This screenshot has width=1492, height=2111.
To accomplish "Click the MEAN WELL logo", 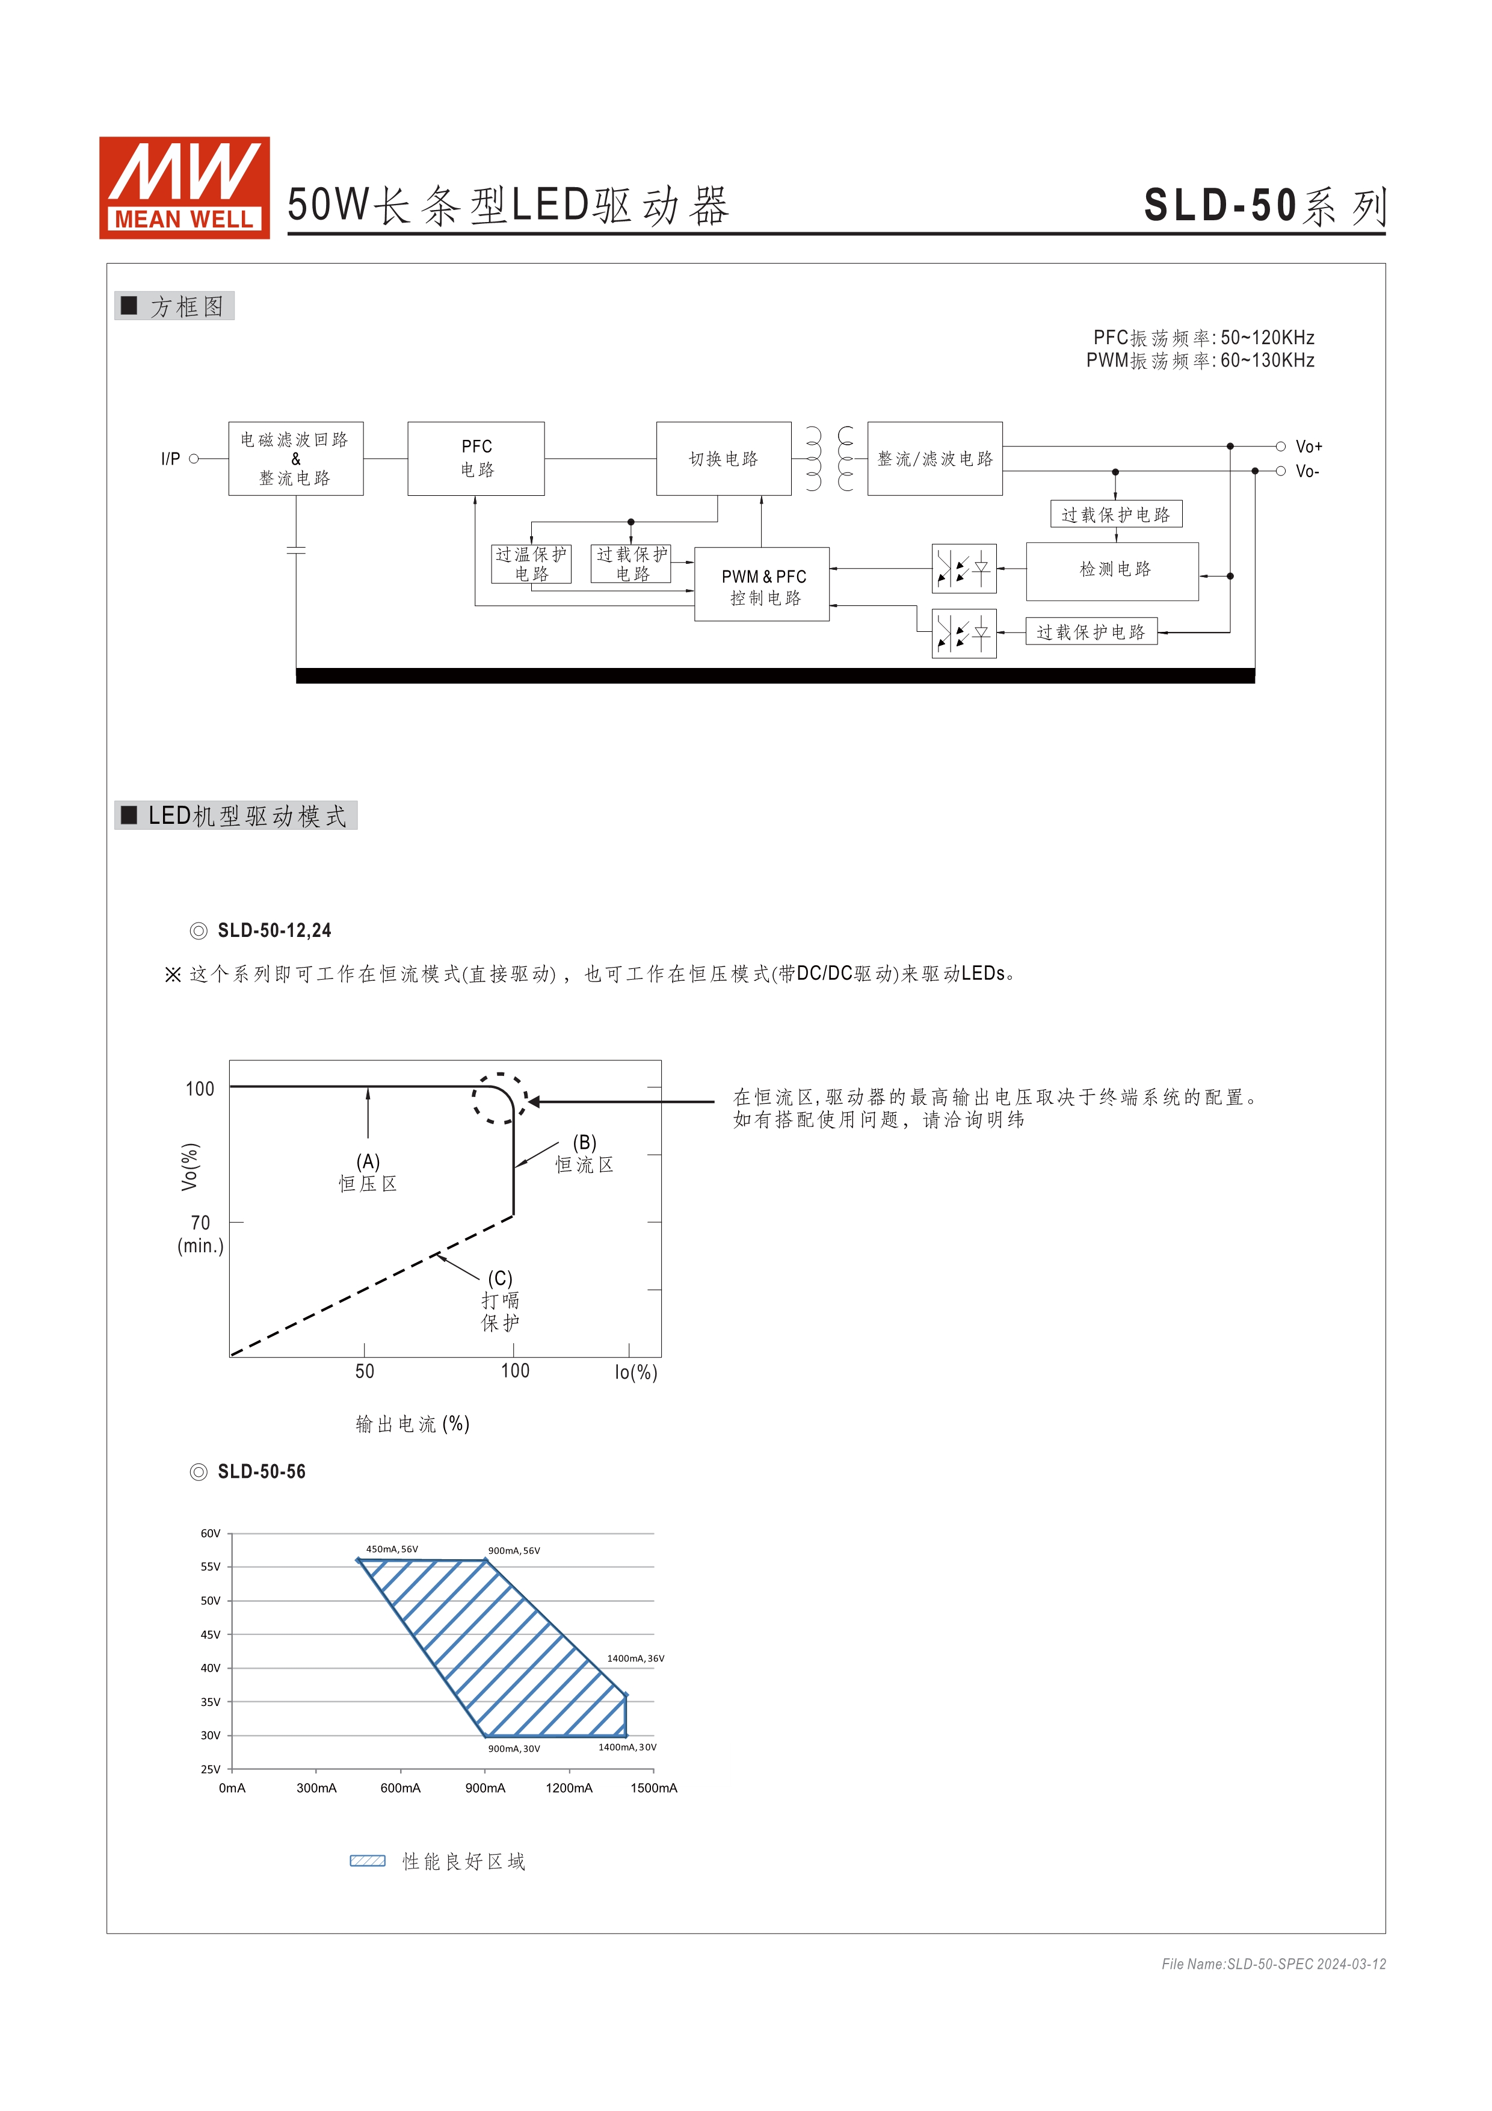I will click(x=184, y=188).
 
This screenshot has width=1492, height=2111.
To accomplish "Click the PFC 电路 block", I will click(x=476, y=458).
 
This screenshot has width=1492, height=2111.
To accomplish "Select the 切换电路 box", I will click(x=724, y=458).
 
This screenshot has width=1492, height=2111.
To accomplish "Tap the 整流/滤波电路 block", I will click(x=934, y=458).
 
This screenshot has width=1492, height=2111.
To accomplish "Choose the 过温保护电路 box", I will click(x=531, y=564).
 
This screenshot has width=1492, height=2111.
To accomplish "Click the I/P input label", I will click(x=170, y=459).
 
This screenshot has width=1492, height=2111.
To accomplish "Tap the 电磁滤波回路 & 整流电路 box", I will click(x=295, y=458).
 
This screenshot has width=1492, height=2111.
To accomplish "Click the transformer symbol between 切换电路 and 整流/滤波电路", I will click(x=829, y=458).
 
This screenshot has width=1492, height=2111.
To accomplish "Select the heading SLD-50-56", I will click(x=261, y=1472).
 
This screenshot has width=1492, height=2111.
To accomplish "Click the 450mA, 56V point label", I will click(x=392, y=1549).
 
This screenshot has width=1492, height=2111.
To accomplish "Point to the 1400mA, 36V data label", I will click(x=635, y=1658).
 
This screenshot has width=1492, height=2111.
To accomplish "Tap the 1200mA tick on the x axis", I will click(x=569, y=1788).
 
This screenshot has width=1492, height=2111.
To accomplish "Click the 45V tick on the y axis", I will click(x=211, y=1635).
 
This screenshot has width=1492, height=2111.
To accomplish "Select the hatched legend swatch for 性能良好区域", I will click(x=367, y=1861).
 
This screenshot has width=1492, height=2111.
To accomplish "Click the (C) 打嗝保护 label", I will click(x=500, y=1300).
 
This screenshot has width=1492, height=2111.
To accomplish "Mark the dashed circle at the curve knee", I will click(x=499, y=1098).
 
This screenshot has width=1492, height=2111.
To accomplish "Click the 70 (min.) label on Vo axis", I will click(x=200, y=1234).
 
